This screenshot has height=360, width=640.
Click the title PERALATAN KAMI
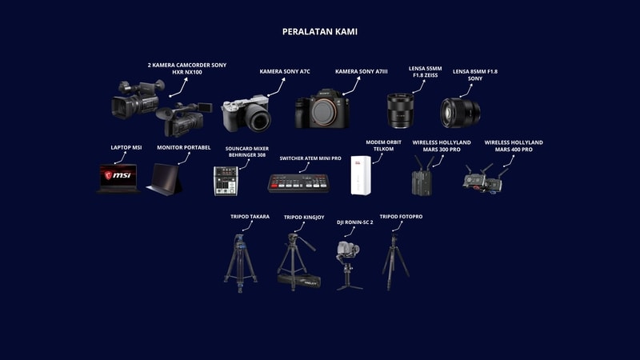coord(319,32)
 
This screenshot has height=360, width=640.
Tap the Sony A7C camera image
coord(246,114)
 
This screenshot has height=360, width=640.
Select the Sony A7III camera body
coord(322,109)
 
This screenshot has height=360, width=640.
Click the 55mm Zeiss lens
coord(401,110)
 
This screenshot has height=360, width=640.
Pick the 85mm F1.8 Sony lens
coord(460,113)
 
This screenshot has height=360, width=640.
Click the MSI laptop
coord(118,178)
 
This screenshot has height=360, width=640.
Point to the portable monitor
coord(165,179)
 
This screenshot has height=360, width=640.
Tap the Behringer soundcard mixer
coord(226,181)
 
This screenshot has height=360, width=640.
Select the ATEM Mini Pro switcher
coord(298,183)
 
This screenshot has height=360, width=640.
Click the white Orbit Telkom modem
coord(361,175)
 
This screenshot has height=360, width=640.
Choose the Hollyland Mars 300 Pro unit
coord(422,176)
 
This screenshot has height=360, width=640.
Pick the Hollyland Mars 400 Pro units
coord(485,179)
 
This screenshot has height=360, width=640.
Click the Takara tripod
coord(241,263)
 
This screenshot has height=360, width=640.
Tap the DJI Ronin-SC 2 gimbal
coord(349,266)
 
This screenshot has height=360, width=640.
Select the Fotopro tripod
coord(394,262)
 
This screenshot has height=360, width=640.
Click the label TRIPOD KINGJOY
coord(304,217)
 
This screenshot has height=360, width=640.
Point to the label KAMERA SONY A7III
coord(362,71)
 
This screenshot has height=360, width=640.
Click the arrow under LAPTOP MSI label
coord(121,158)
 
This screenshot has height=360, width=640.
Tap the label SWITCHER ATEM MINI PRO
coord(310,158)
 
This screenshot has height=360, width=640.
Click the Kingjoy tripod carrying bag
coord(299,281)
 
